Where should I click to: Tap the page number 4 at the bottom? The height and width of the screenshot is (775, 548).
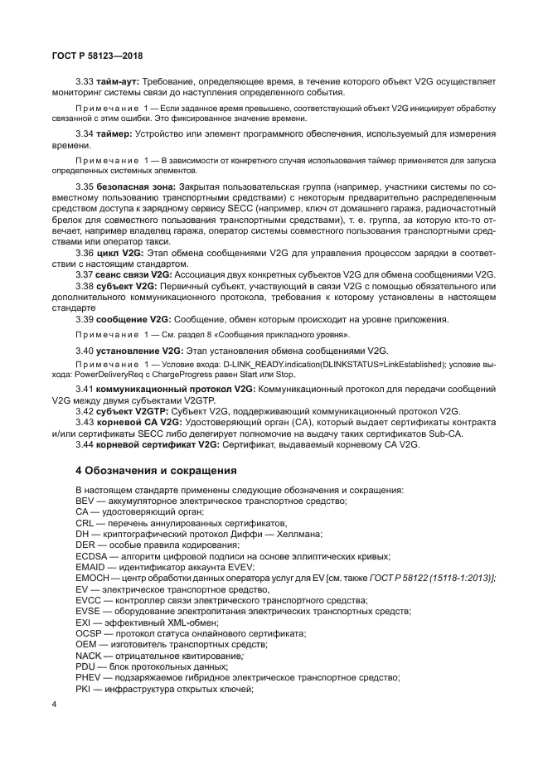point(54,705)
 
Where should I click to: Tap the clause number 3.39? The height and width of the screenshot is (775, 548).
point(84,318)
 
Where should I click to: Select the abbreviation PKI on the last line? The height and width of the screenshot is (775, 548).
point(82,687)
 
